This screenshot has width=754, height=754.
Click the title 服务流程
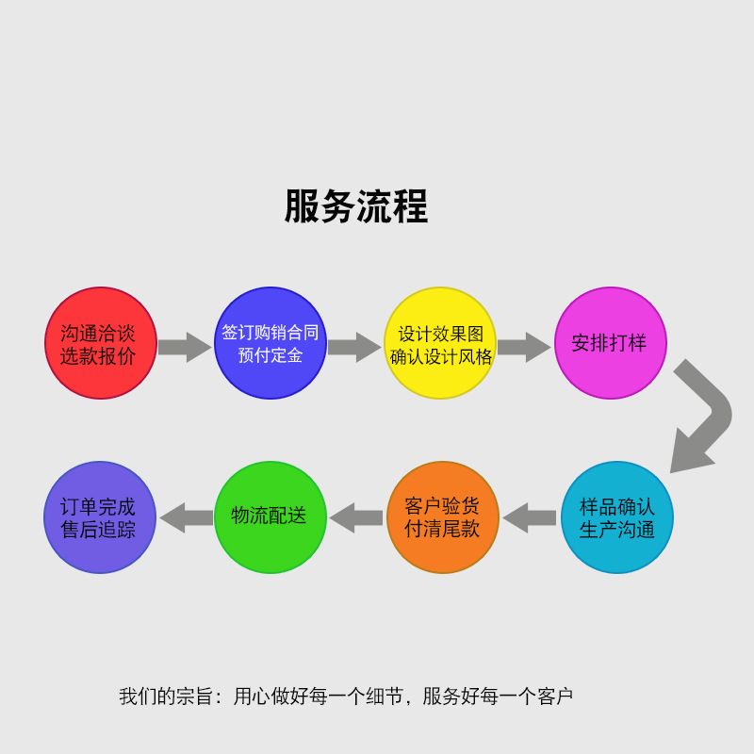(356, 206)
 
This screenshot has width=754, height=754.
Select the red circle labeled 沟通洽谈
(100, 343)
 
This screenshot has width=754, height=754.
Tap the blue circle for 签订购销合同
(270, 343)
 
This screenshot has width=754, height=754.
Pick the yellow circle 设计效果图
(440, 343)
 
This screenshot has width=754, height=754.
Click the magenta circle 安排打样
(610, 343)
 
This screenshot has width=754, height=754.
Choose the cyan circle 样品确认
(617, 517)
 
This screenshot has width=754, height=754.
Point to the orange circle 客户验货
(443, 517)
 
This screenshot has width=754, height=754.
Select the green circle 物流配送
(270, 517)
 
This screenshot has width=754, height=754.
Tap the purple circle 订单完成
(99, 517)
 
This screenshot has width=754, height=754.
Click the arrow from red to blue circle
(185, 347)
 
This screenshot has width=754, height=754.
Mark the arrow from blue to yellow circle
(354, 347)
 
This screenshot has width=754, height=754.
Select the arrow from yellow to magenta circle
(524, 347)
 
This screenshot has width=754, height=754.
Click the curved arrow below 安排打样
(704, 415)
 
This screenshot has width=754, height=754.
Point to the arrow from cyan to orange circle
(530, 517)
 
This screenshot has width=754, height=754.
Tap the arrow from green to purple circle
(186, 517)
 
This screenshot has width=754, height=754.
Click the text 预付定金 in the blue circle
(270, 355)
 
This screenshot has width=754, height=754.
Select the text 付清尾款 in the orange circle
(442, 529)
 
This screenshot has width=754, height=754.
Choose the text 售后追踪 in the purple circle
(99, 529)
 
